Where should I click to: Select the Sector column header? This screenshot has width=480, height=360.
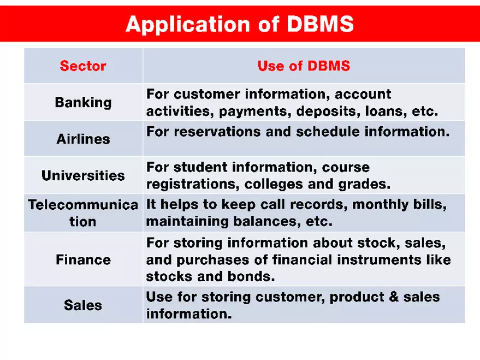[x=83, y=66]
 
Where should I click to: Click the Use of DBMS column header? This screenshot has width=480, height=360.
[x=304, y=66]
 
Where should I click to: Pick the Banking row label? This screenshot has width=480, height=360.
[x=83, y=102]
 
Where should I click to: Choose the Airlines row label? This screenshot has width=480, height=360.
[x=83, y=139]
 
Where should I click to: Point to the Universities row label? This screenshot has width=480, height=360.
[x=83, y=175]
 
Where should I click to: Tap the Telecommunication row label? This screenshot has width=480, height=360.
[x=83, y=213]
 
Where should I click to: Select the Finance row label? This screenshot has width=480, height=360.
[x=83, y=259]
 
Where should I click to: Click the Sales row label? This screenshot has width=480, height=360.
[x=83, y=305]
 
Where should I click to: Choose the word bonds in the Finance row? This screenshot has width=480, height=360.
[x=251, y=276]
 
